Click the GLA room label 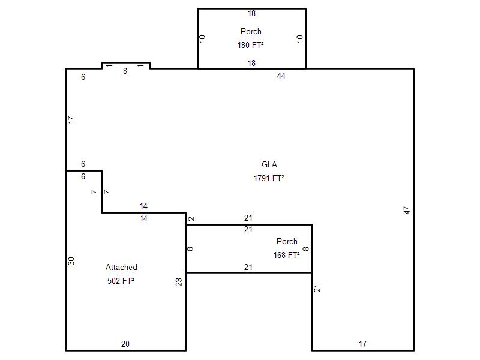[x=269, y=164]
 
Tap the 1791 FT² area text [x=269, y=178]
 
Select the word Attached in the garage [x=121, y=267]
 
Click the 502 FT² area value [x=121, y=281]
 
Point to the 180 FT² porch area [x=250, y=45]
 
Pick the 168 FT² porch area [x=287, y=255]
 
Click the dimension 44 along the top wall [x=281, y=76]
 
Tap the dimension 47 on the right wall [x=407, y=211]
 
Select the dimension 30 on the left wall [x=71, y=261]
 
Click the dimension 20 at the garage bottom [x=125, y=344]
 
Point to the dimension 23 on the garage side [x=179, y=282]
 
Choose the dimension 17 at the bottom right [x=362, y=344]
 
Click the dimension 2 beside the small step [x=191, y=218]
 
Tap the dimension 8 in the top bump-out [x=125, y=71]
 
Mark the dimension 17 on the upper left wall [x=71, y=119]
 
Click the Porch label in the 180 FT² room [x=251, y=32]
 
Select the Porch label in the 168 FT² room [x=287, y=242]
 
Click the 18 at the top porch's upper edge [x=251, y=13]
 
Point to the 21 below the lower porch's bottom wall [x=248, y=267]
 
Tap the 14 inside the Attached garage [x=143, y=218]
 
